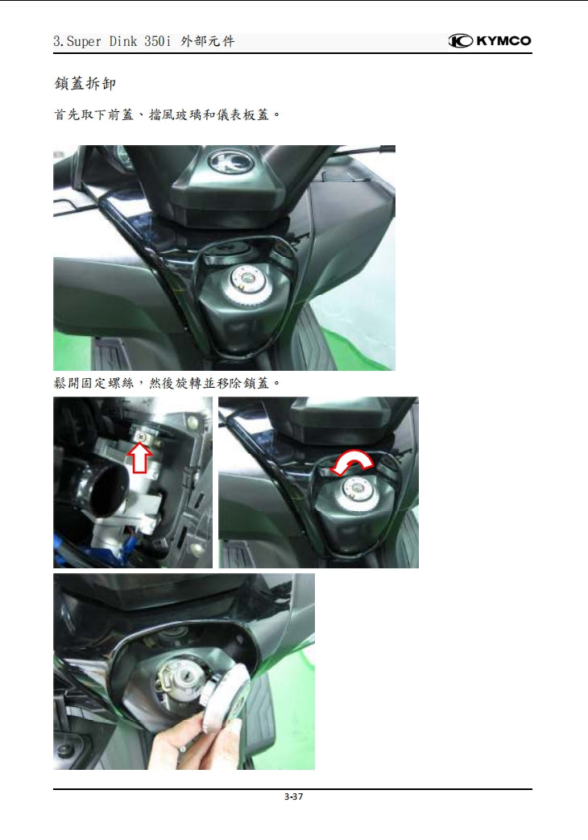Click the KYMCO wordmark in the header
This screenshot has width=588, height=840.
[503, 41]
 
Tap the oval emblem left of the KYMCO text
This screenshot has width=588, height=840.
[460, 41]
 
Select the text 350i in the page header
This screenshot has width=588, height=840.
[158, 41]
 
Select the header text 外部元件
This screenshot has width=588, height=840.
[209, 41]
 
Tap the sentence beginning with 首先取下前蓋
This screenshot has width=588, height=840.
[167, 114]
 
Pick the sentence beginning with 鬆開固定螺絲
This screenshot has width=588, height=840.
[167, 381]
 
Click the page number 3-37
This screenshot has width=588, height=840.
[293, 797]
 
